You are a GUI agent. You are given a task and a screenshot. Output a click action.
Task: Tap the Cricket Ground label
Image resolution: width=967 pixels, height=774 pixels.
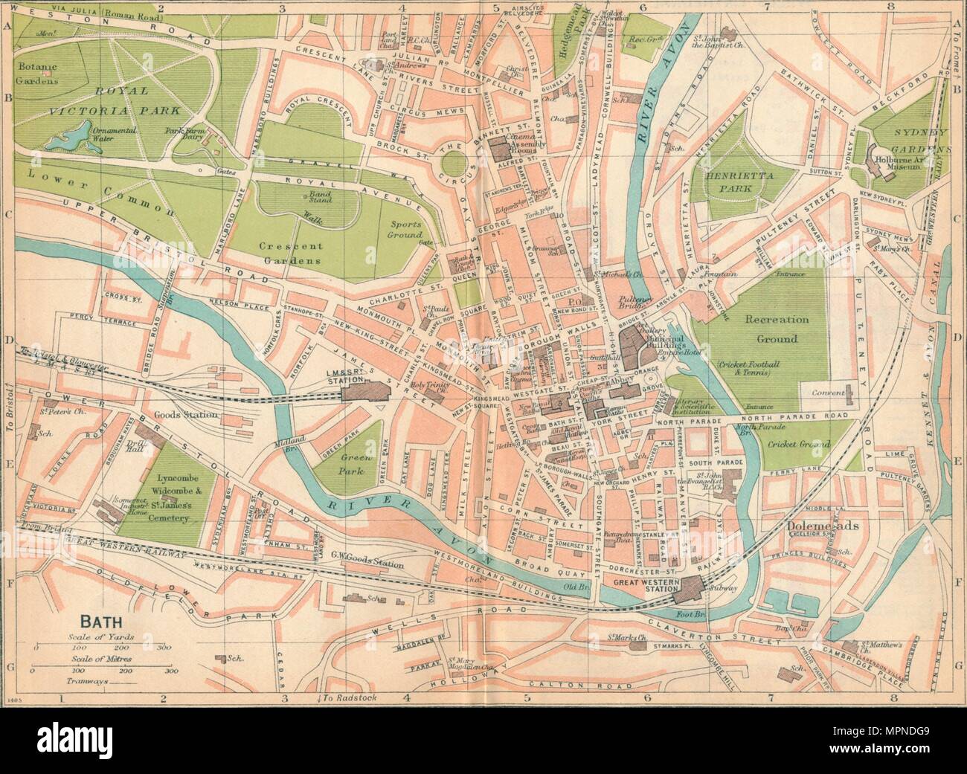[x=795, y=444]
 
